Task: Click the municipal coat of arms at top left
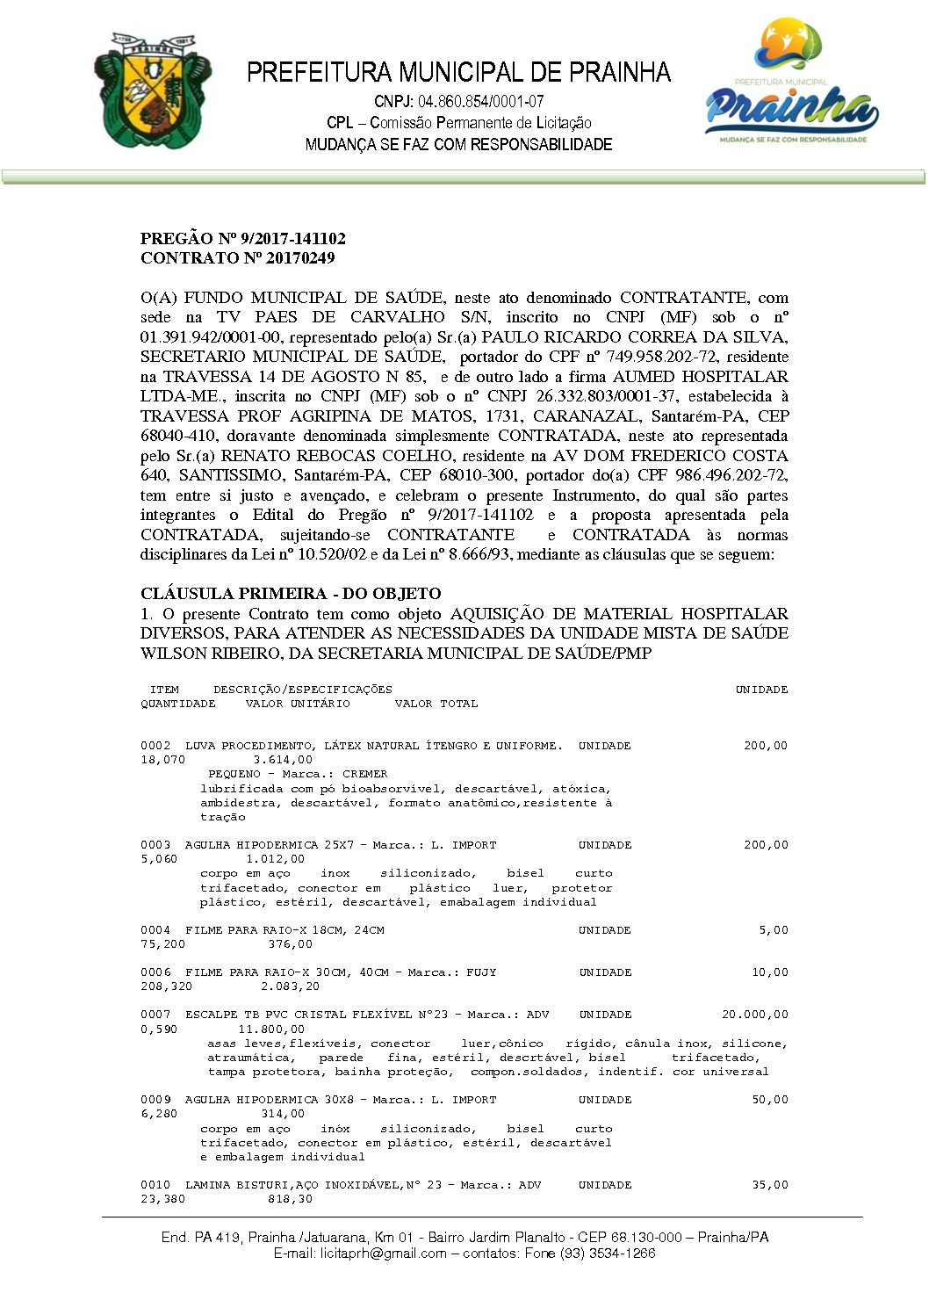(152, 90)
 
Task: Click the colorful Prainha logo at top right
(791, 83)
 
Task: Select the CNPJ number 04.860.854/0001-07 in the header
(480, 102)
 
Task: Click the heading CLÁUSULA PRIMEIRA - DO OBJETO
(291, 594)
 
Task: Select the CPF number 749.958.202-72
(666, 357)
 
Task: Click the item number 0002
(155, 746)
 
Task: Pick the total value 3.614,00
(283, 760)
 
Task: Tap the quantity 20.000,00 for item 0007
(754, 1015)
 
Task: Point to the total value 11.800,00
(271, 1029)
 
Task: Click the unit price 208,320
(166, 986)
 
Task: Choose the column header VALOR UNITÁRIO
(298, 704)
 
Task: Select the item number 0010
(155, 1185)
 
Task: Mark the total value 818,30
(290, 1199)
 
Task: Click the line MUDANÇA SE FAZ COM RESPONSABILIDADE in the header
(458, 145)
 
